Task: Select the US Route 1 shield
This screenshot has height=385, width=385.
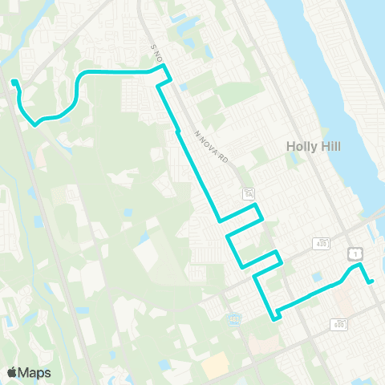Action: [354, 253]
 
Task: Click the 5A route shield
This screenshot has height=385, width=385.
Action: [249, 194]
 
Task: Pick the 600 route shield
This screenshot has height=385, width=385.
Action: [338, 323]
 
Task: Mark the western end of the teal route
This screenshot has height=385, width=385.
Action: [13, 81]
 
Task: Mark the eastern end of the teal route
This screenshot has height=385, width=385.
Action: [371, 281]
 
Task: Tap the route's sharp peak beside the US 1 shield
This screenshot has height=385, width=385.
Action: [358, 265]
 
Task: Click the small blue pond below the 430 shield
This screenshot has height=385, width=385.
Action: [318, 277]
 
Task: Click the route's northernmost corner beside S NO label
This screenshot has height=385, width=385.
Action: [164, 70]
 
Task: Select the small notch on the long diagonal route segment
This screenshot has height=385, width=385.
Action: [176, 131]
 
